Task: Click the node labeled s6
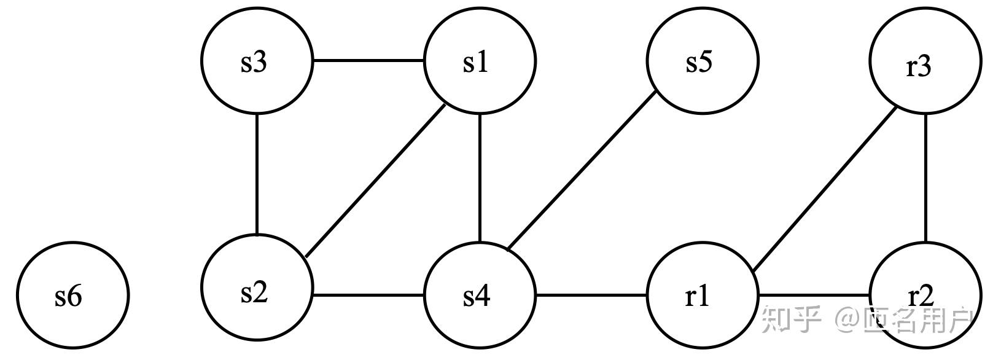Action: pos(72,295)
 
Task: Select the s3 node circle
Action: pos(257,61)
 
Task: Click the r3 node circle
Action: pos(925,61)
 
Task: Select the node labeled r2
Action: pos(925,295)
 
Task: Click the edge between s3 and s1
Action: pos(368,61)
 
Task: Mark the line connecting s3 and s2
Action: pos(257,176)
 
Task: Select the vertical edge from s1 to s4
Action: pos(480,178)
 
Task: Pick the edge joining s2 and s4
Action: pos(368,295)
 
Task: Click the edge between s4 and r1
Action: pos(591,295)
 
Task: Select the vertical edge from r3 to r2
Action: pos(925,178)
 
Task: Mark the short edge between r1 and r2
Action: pos(814,295)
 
